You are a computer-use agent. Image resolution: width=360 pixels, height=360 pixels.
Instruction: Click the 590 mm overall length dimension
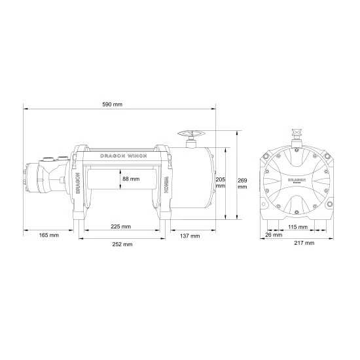pos(113,105)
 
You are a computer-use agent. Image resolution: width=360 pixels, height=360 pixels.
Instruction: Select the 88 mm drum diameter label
pos(131,179)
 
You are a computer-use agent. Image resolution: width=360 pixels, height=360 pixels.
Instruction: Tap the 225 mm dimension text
pos(121,226)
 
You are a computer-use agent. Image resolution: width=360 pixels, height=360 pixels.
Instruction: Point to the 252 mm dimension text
pos(122,244)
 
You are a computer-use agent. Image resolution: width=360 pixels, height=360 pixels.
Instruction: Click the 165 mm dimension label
pos(48,235)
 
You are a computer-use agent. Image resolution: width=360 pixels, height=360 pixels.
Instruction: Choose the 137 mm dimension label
pos(190,236)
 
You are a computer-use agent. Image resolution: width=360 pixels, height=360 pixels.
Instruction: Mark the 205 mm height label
pos(221,183)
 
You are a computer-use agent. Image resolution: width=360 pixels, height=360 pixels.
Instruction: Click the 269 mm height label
pos(242,183)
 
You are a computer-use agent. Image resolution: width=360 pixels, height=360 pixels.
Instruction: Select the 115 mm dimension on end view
pos(298,227)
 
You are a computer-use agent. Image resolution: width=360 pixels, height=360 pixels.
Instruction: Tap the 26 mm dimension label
pos(274,235)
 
